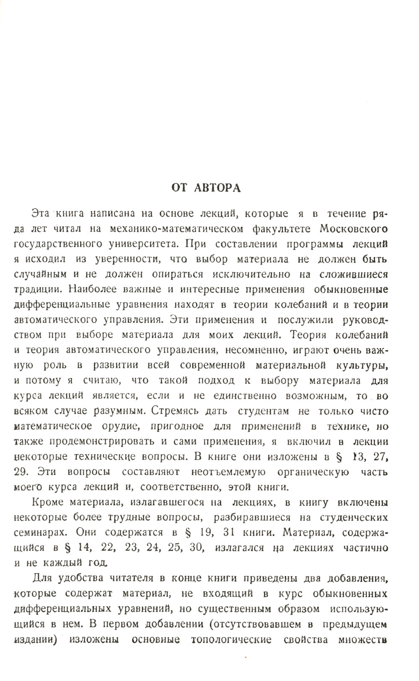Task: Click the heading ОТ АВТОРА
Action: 207,188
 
